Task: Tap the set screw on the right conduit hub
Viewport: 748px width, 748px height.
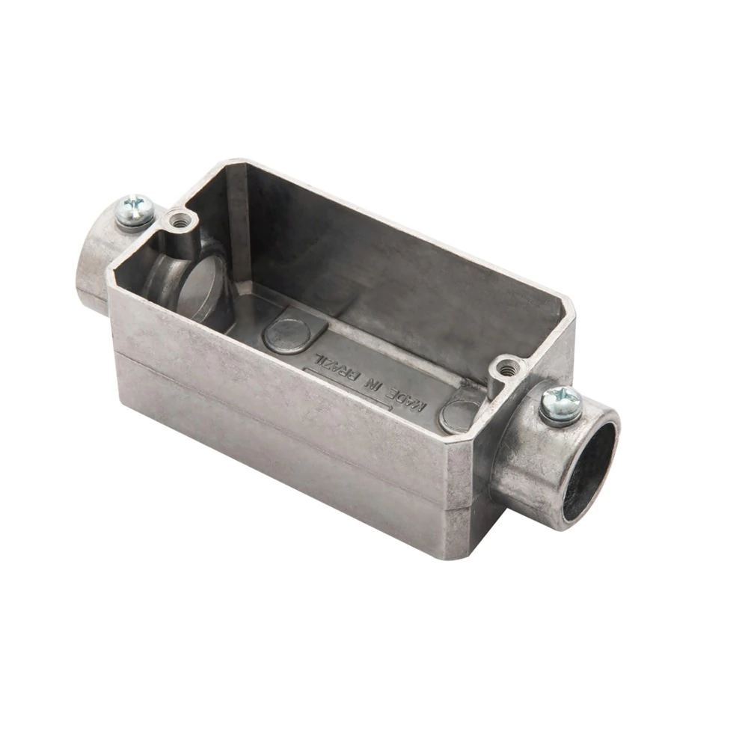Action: pos(562,404)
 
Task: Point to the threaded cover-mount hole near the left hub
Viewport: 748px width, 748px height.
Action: pos(182,221)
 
